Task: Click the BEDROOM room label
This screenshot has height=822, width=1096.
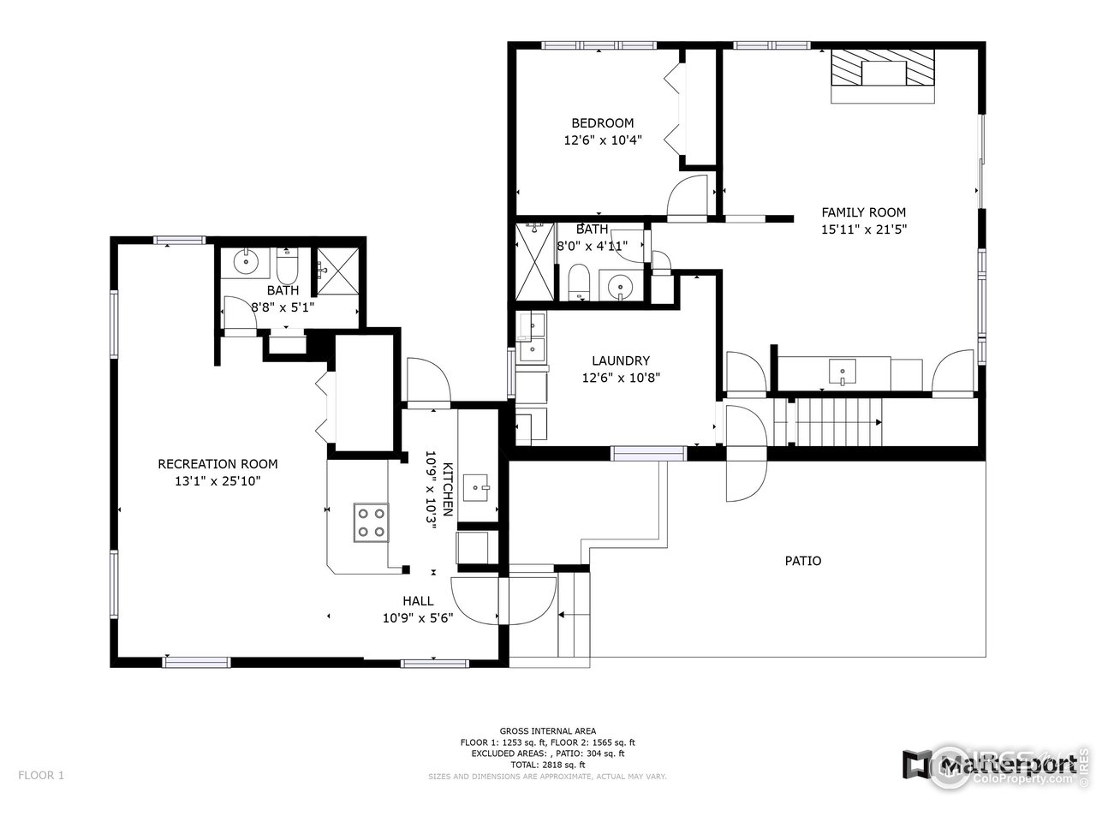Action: [x=602, y=123]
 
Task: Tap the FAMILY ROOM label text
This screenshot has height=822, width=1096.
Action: [x=863, y=212]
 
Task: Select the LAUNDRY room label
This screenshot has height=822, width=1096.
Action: [x=620, y=361]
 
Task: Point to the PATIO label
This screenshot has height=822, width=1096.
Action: [x=802, y=561]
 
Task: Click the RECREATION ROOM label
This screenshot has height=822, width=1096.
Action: [x=217, y=464]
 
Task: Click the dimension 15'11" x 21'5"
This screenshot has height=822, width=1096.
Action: [x=863, y=229]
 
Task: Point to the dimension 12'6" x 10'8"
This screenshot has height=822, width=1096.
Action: [x=620, y=378]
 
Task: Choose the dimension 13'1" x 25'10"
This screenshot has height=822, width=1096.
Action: [x=217, y=481]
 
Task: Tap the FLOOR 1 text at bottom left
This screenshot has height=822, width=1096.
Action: [x=41, y=776]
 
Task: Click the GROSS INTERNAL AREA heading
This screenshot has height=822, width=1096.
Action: [x=547, y=730]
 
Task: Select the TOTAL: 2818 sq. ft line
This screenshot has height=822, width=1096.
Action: [x=547, y=765]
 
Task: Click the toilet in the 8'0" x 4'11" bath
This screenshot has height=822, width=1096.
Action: [x=579, y=283]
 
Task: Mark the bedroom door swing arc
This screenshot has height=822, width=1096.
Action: [x=687, y=195]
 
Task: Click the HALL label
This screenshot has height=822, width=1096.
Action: [x=418, y=601]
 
